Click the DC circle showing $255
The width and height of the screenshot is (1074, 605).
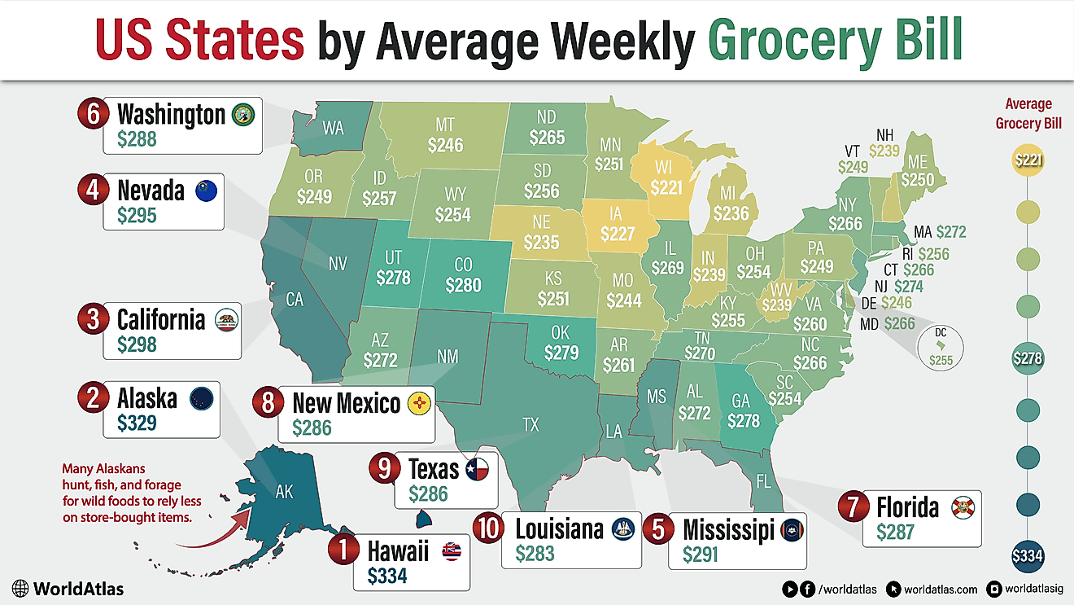(941, 346)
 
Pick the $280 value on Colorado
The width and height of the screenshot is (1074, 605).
(463, 286)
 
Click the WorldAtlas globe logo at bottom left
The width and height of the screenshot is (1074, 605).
(22, 588)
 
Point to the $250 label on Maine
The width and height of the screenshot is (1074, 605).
(917, 180)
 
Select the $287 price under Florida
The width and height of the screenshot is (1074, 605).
(895, 532)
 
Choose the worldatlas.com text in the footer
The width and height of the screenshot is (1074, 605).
(941, 589)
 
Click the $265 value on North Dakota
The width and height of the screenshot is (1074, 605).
(547, 138)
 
